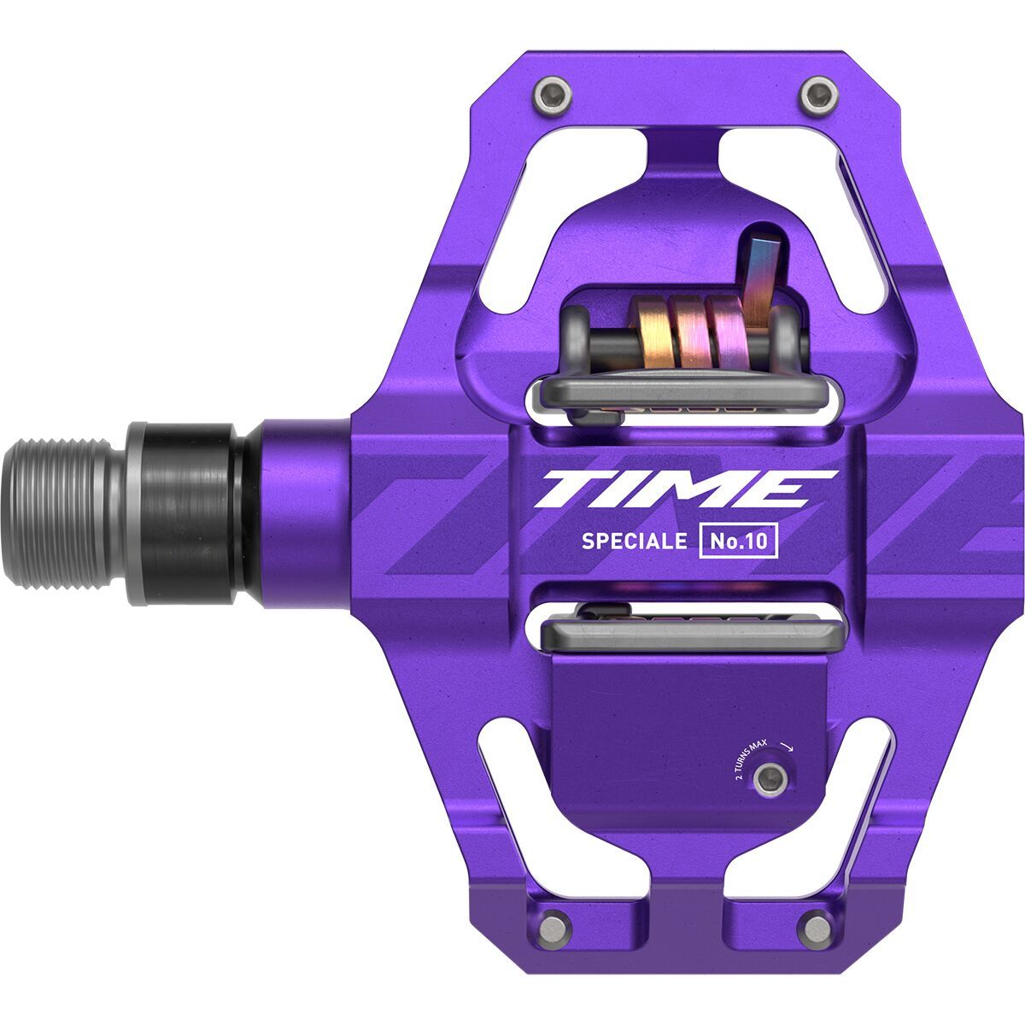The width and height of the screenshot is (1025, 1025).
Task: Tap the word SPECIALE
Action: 634,541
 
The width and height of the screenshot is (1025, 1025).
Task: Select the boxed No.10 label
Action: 739,542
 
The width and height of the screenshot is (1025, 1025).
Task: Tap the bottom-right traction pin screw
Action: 817,927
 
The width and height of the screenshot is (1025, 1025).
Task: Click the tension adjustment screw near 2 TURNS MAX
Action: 772,776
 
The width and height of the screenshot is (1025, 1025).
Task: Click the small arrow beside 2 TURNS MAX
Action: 787,746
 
